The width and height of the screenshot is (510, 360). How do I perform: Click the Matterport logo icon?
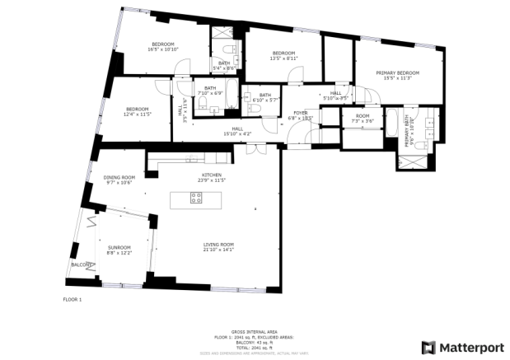pyautogui.click(x=428, y=347)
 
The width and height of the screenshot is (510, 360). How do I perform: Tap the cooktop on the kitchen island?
pyautogui.click(x=197, y=198)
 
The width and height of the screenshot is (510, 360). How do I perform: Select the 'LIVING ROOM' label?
pyautogui.click(x=219, y=244)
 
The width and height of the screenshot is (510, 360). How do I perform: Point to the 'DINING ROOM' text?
pyautogui.click(x=119, y=177)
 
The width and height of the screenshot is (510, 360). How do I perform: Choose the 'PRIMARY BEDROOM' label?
pyautogui.click(x=398, y=73)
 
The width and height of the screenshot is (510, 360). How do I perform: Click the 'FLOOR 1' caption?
pyautogui.click(x=73, y=299)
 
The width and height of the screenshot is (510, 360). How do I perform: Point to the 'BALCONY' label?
pyautogui.click(x=81, y=265)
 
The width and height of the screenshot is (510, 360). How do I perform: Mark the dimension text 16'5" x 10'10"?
pyautogui.click(x=163, y=49)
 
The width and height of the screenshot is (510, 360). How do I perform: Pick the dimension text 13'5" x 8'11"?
pyautogui.click(x=284, y=58)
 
